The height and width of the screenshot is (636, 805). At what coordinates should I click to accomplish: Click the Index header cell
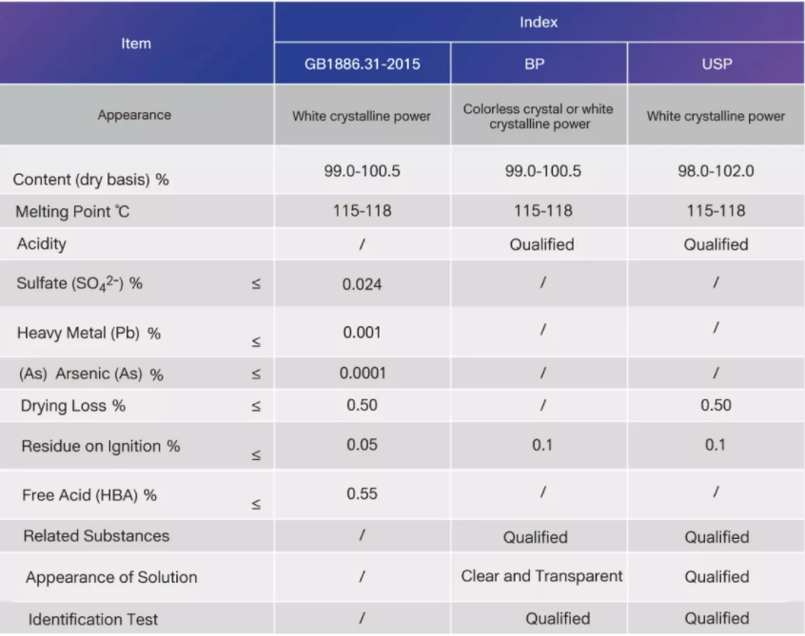tap(539, 22)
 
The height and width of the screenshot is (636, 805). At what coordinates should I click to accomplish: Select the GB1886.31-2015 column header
tap(362, 65)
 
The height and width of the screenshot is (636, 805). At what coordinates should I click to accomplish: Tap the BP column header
tap(539, 65)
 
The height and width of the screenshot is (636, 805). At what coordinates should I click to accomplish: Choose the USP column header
tap(716, 65)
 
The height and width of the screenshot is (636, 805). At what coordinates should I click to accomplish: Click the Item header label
tap(136, 43)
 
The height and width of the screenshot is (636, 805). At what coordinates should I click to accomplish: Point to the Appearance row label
tap(134, 115)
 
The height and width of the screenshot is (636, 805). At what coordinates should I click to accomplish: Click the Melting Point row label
tap(72, 212)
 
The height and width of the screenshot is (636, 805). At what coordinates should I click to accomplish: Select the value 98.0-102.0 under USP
tap(716, 172)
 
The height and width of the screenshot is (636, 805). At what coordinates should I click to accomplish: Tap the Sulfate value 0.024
tap(362, 284)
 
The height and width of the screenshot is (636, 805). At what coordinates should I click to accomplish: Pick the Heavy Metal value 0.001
tap(362, 333)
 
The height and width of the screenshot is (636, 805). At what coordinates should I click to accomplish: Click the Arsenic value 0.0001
tap(362, 374)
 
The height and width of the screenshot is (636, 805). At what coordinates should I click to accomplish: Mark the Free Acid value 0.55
tap(362, 494)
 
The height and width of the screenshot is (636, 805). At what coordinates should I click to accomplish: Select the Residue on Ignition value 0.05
tap(362, 445)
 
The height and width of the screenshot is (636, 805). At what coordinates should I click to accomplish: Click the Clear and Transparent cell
tap(541, 576)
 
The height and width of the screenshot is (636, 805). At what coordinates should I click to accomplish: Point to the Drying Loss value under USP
tap(716, 406)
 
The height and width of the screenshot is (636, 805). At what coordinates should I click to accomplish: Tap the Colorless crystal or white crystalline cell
tap(539, 116)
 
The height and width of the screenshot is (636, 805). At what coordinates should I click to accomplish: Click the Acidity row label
tap(42, 244)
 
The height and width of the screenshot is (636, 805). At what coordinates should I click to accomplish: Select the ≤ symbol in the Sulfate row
tap(256, 284)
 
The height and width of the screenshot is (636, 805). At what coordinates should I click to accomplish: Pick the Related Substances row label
tap(96, 536)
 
